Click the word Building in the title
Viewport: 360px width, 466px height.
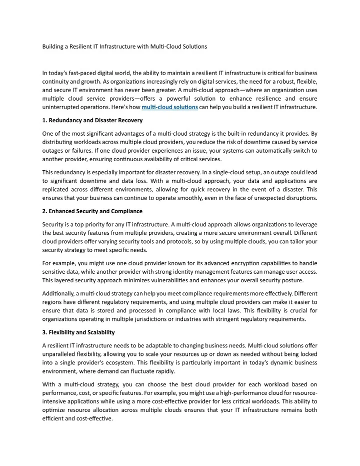53,47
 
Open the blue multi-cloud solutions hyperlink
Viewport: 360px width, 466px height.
170,107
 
